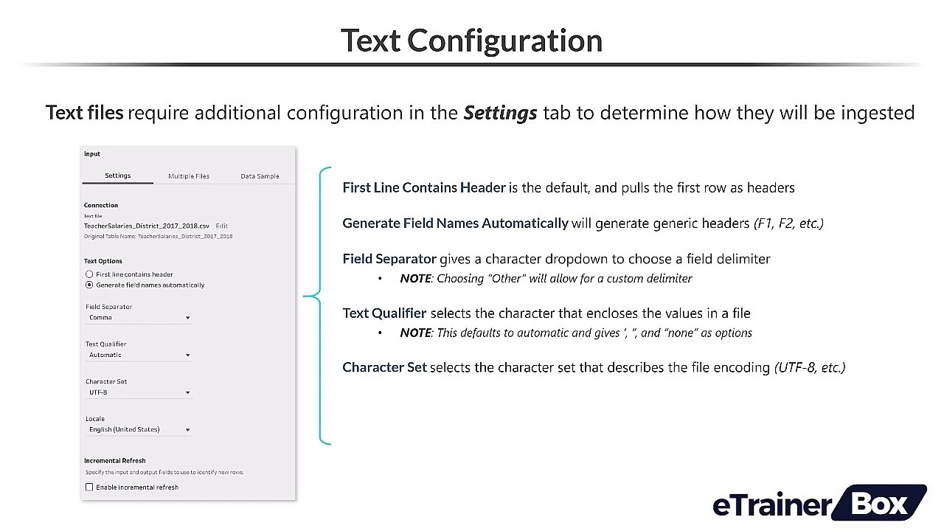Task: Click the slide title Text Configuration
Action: coord(471,41)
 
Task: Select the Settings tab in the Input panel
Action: coord(117,176)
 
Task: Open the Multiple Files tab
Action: coord(189,176)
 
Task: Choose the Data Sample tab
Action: coord(260,176)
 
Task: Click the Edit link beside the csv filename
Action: coord(222,226)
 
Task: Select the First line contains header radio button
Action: coord(89,274)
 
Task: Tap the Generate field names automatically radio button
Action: coord(89,285)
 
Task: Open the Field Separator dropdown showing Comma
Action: coord(139,318)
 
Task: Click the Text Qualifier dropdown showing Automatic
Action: coord(139,355)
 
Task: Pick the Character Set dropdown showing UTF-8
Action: coord(139,392)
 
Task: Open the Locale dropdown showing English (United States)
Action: coord(139,430)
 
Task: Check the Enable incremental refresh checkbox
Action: coord(89,487)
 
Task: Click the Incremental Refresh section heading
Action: coord(115,461)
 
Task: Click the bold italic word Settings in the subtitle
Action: coord(500,113)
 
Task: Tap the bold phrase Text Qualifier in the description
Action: coord(384,313)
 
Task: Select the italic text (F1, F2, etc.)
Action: coord(788,223)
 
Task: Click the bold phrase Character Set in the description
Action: coord(384,367)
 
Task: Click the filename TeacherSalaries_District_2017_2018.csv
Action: coord(146,226)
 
